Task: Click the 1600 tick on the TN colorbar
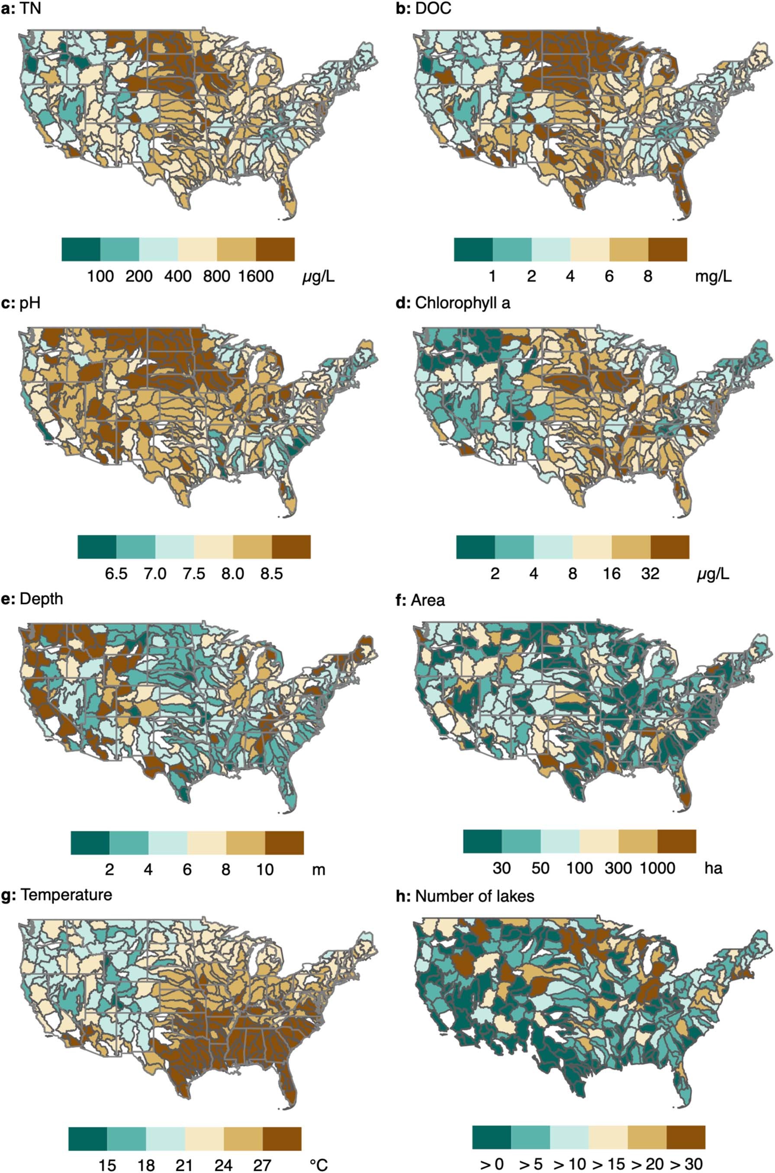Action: (x=256, y=276)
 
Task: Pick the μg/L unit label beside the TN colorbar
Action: (x=318, y=276)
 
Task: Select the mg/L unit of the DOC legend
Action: (x=713, y=276)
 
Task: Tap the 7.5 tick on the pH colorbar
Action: (x=194, y=574)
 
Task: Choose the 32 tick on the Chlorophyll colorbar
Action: (x=650, y=574)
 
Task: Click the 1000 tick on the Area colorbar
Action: (x=657, y=868)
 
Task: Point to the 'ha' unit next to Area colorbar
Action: (x=713, y=868)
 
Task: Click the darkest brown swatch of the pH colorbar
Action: (x=291, y=546)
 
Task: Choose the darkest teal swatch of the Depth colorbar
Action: (x=90, y=842)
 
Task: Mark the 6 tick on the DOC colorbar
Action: (x=609, y=276)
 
